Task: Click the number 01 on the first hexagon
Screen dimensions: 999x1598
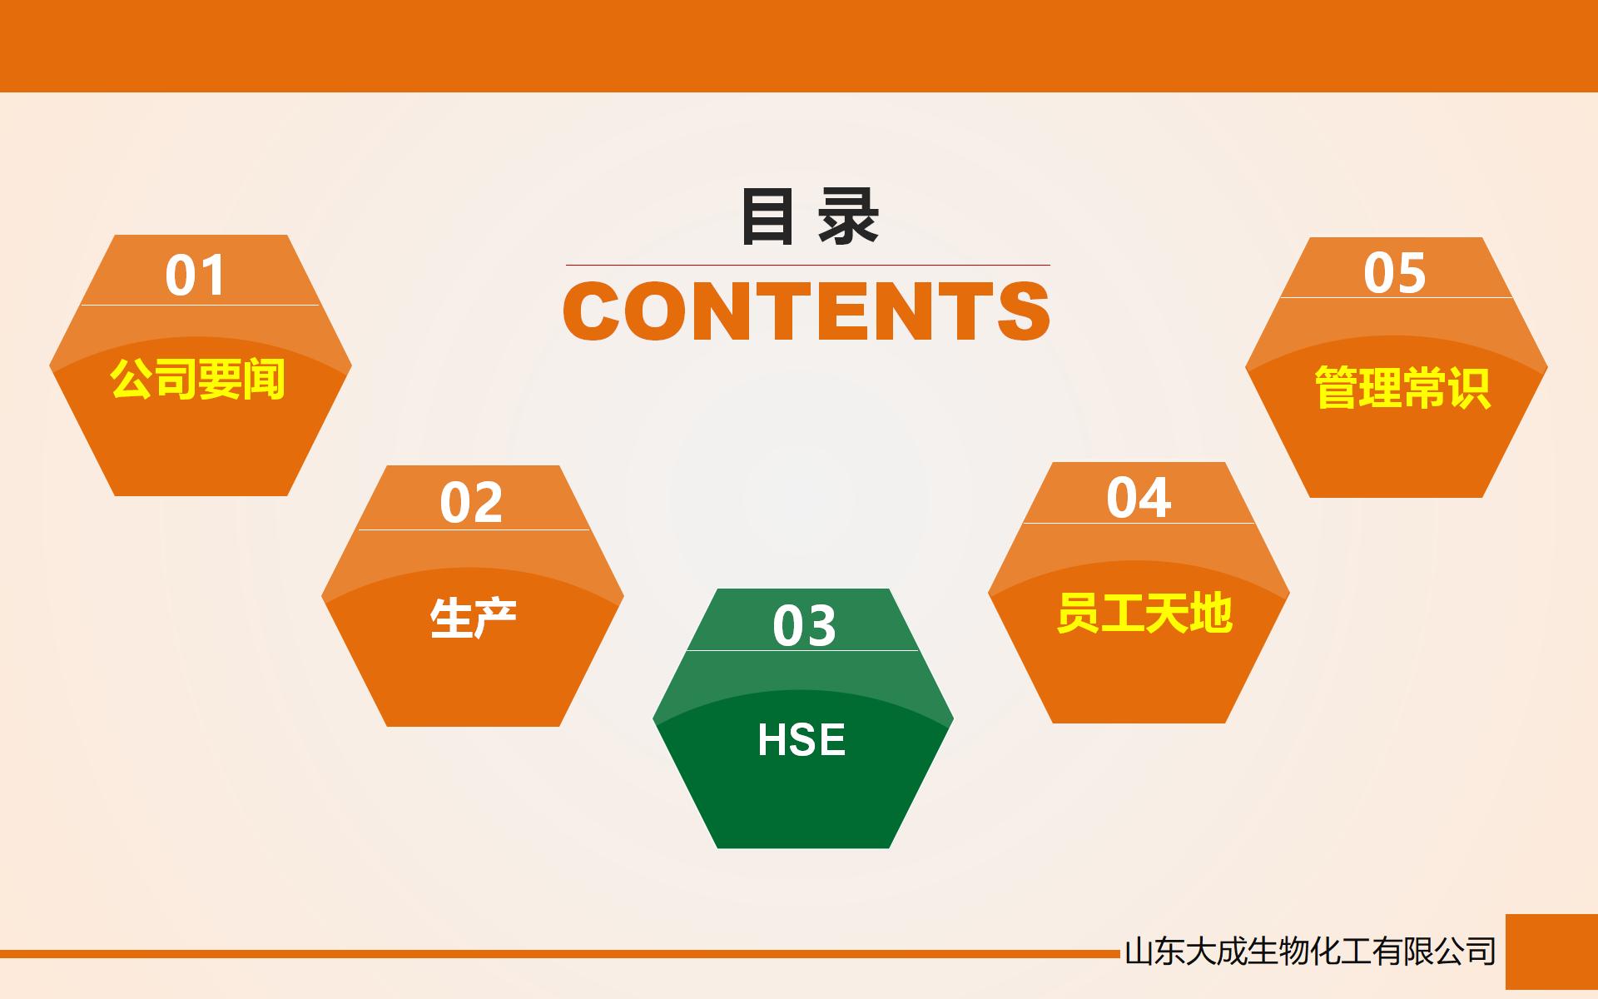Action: [x=196, y=276]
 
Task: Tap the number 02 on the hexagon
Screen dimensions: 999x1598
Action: [x=471, y=503]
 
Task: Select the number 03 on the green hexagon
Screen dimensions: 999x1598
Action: [x=804, y=626]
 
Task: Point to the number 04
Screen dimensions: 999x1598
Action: [x=1139, y=498]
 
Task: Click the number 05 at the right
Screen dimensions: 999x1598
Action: [x=1395, y=273]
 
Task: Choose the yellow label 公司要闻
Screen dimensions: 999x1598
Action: [x=198, y=380]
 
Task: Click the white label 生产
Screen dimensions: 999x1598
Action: [x=473, y=619]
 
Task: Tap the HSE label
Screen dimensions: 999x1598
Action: [x=801, y=740]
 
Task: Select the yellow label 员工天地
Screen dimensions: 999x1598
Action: [x=1144, y=614]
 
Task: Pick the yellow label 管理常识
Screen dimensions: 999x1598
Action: [x=1402, y=388]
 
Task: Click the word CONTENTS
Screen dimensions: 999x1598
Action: [x=806, y=311]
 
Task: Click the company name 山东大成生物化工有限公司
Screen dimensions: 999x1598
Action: [x=1310, y=952]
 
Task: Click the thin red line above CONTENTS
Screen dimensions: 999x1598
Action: [x=807, y=265]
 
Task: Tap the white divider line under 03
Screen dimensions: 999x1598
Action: [x=802, y=650]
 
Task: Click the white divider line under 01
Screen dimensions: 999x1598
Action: [x=200, y=305]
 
